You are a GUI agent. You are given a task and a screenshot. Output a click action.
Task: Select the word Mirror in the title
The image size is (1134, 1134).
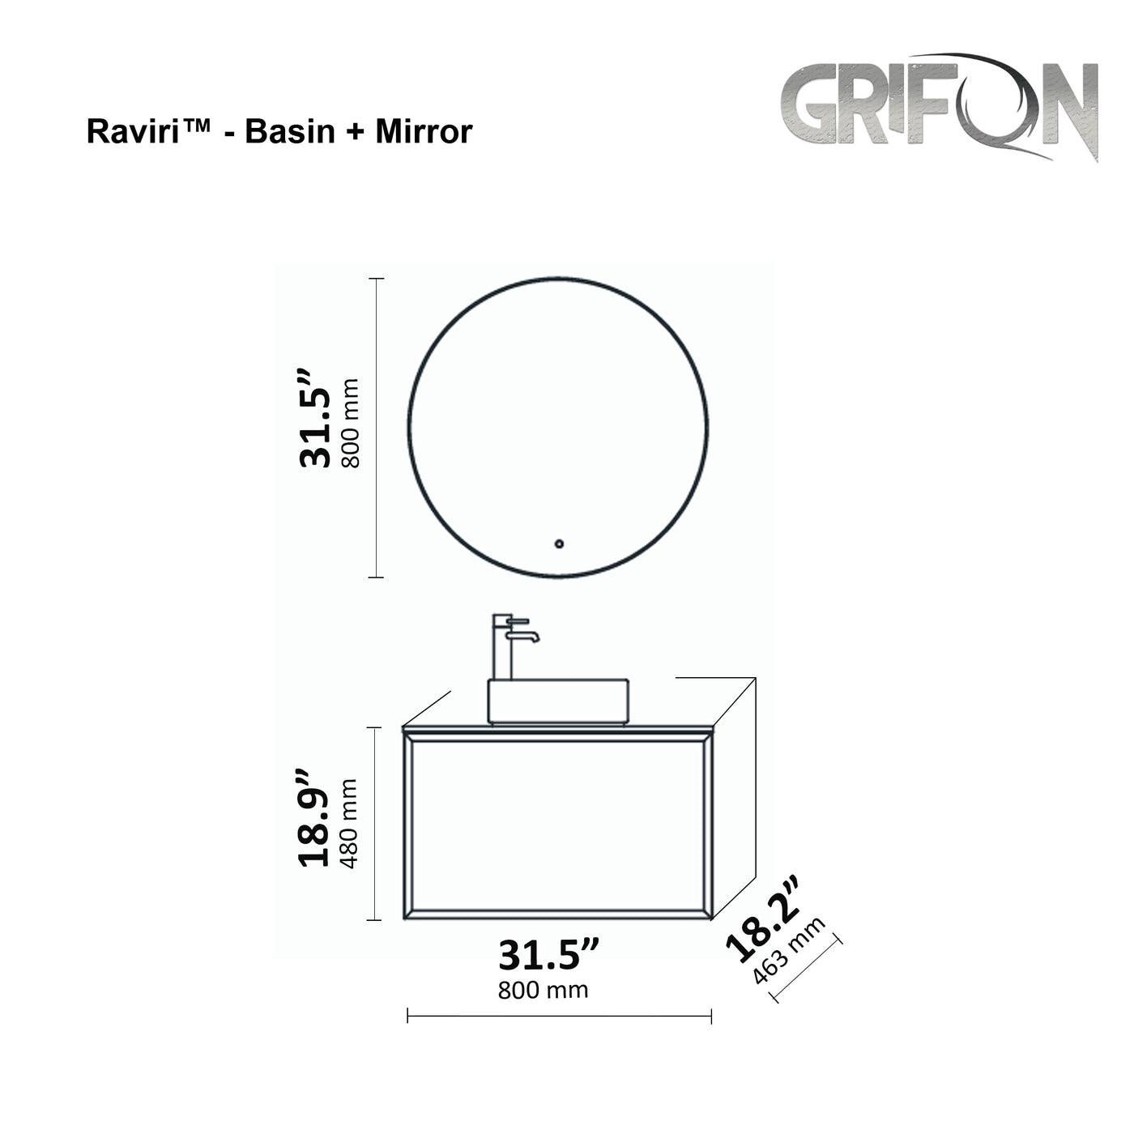(423, 131)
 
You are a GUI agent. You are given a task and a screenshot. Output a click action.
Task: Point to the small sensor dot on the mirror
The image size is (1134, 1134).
(558, 544)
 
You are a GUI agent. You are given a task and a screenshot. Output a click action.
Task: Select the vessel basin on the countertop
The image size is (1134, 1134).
(558, 701)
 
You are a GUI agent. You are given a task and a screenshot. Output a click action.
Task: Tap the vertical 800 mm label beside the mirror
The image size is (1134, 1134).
(350, 424)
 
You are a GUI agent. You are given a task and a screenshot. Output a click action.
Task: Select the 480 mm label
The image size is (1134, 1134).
(350, 823)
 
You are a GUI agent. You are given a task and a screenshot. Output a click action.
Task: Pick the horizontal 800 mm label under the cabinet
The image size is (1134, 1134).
(543, 990)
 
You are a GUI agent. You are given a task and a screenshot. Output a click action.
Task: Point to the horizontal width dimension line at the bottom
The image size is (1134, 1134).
(559, 1016)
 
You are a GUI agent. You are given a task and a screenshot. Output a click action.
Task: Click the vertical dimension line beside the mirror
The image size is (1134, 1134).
(375, 428)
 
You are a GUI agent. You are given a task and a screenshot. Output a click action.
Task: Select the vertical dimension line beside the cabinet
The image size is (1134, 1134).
(375, 824)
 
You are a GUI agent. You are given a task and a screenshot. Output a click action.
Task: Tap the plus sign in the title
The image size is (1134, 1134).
(355, 132)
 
